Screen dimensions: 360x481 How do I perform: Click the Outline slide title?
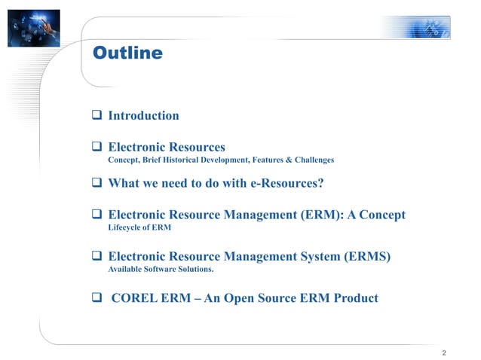pos(127,53)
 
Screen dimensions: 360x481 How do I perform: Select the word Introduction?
pos(144,116)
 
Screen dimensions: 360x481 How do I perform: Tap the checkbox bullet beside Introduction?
pos(97,116)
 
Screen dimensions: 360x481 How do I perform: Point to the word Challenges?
pos(308,160)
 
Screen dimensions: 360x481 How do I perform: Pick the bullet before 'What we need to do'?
pos(97,184)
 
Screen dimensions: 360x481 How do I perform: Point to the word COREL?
pos(135,298)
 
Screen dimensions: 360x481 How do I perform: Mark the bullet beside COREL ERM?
pos(97,298)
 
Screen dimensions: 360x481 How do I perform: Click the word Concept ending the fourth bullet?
pos(380,215)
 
